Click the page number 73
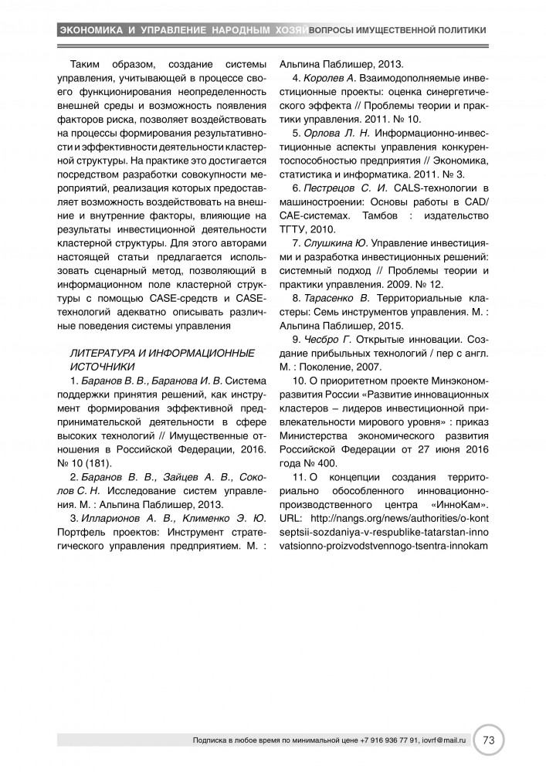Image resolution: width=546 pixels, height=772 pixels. point(490,740)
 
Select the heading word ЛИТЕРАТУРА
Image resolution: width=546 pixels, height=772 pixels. point(104,353)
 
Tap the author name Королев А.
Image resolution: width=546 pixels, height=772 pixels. point(329,78)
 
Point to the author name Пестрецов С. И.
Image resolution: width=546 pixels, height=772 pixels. point(344,189)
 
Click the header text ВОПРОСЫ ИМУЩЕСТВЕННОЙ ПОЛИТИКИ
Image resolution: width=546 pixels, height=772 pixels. point(397,30)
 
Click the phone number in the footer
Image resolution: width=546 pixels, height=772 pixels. point(389,740)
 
